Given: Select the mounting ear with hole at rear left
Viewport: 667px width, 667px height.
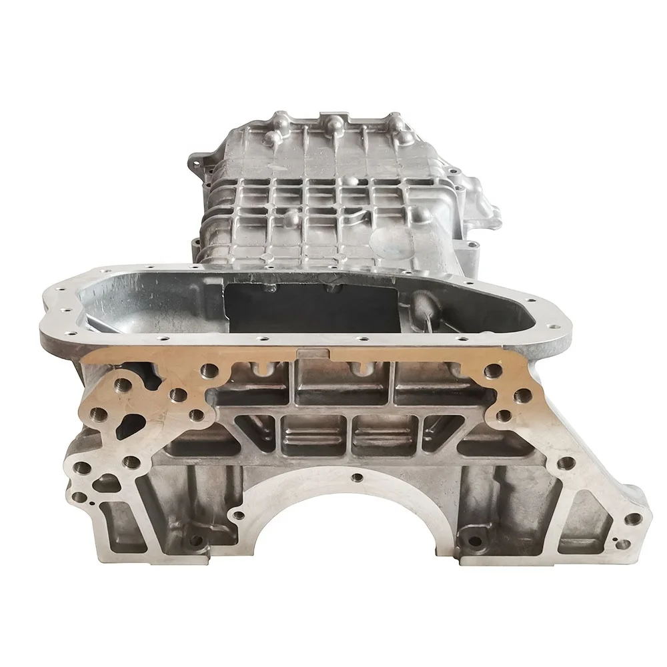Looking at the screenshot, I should (x=193, y=160).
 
